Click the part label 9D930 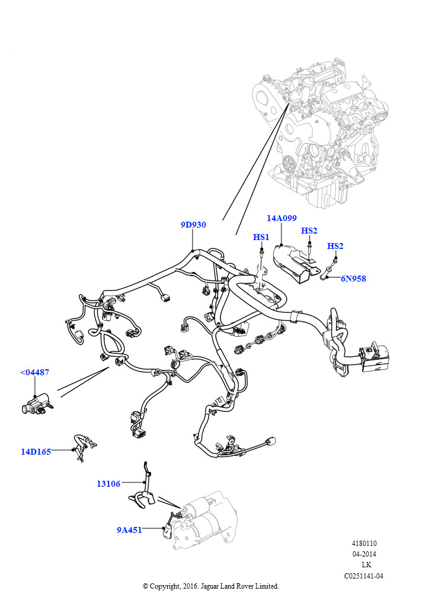pyautogui.click(x=193, y=225)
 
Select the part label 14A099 pyautogui.click(x=281, y=218)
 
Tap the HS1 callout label pyautogui.click(x=261, y=237)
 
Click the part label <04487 pyautogui.click(x=35, y=372)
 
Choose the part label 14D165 pyautogui.click(x=36, y=451)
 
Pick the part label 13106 pyautogui.click(x=108, y=484)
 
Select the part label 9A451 pyautogui.click(x=129, y=530)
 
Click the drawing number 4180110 pyautogui.click(x=364, y=544)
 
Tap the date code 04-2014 pyautogui.click(x=364, y=554)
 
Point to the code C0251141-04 pyautogui.click(x=364, y=576)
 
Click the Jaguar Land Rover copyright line pyautogui.click(x=211, y=586)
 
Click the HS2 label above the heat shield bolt pyautogui.click(x=309, y=231)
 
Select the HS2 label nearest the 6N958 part pyautogui.click(x=335, y=246)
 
